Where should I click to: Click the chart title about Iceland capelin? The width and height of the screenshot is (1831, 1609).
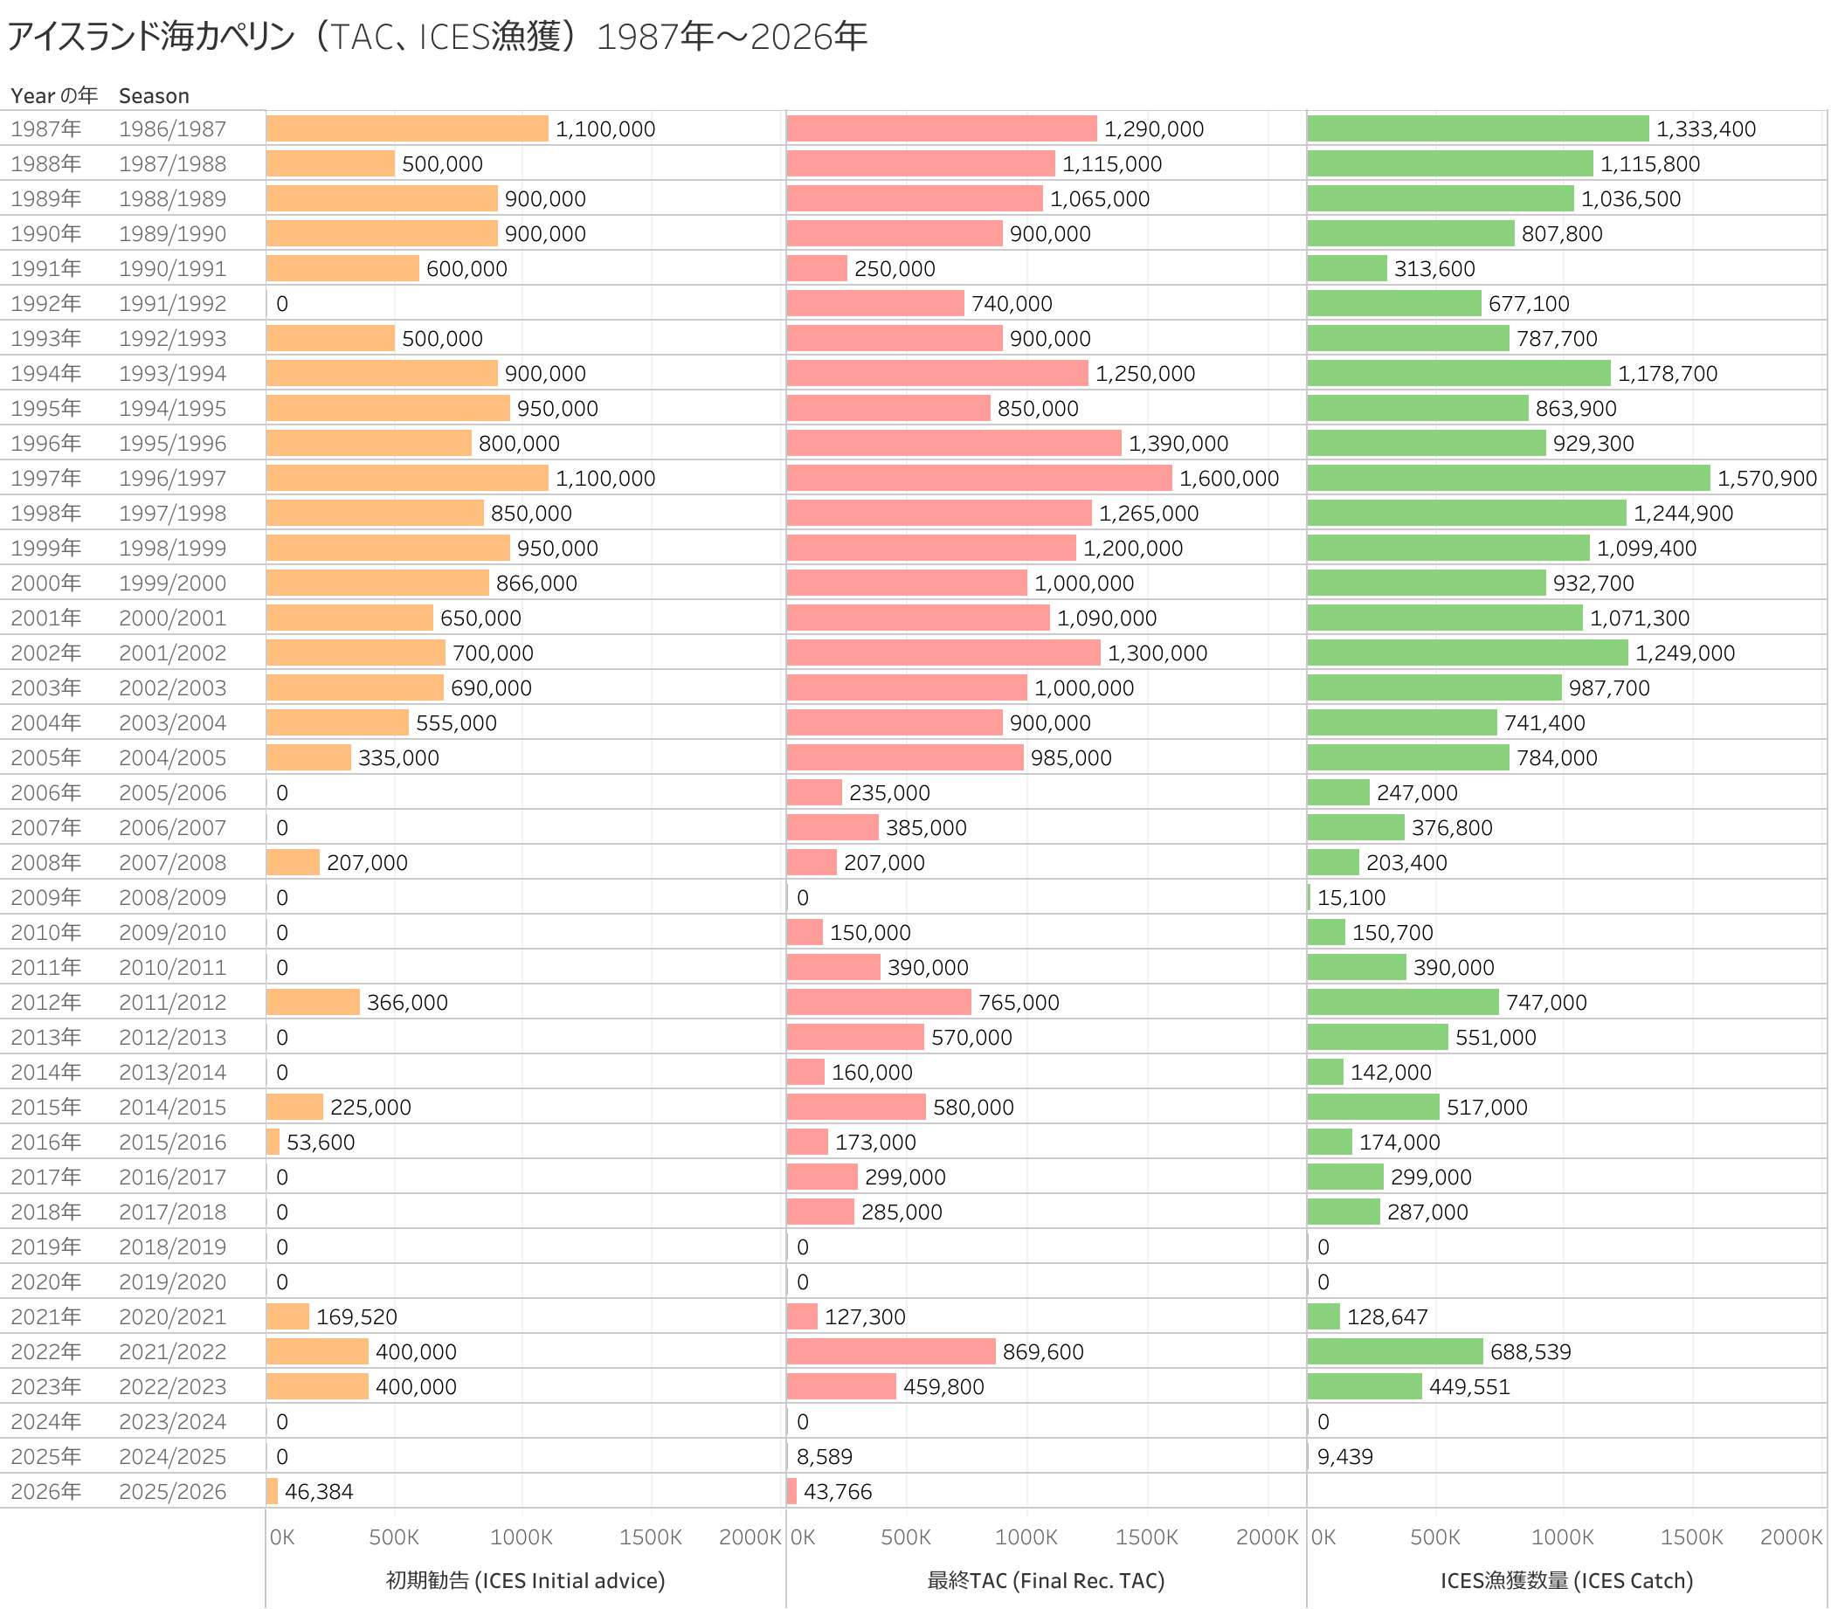437,37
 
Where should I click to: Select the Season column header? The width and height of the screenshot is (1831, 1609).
154,96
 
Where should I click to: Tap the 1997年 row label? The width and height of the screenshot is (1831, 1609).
45,479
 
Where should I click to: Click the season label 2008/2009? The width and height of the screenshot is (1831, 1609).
172,898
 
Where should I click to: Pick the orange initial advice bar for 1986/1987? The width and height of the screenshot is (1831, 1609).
407,129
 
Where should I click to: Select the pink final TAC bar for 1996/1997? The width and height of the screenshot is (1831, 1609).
979,479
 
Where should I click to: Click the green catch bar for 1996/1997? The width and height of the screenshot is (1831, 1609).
1508,479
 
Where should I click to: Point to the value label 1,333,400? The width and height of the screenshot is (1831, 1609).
1705,129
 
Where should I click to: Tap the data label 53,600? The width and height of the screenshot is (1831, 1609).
321,1143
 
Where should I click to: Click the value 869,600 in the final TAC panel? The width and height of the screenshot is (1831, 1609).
1043,1352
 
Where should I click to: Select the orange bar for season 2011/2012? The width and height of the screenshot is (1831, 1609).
313,1003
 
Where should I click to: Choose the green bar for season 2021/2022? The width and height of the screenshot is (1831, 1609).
1395,1352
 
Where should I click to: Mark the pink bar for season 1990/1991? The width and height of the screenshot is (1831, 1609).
817,269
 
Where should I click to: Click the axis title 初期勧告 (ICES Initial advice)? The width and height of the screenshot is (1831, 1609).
525,1581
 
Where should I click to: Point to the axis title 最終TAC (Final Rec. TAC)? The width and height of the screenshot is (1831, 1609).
1046,1581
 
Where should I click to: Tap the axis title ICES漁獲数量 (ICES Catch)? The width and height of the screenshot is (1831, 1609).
1565,1581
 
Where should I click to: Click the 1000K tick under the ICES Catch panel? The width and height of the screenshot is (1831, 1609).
1562,1537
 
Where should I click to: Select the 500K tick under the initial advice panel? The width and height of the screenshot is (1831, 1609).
394,1537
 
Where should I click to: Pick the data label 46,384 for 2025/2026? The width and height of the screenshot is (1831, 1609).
319,1492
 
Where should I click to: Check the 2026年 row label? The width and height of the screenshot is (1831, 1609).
45,1492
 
